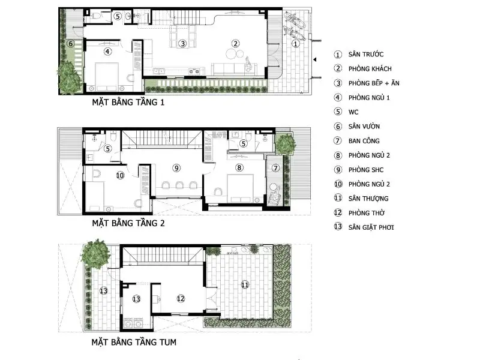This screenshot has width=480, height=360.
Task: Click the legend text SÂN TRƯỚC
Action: [x=366, y=55]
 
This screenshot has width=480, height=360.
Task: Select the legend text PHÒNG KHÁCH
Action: [x=370, y=69]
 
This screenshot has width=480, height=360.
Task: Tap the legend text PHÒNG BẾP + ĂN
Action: [x=374, y=83]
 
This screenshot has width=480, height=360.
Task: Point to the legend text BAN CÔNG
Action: [x=364, y=141]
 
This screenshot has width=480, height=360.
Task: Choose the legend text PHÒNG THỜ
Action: [x=367, y=213]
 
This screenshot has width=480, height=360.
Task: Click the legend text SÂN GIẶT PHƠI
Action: [x=371, y=227]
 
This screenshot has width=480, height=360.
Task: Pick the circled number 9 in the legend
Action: [x=338, y=170]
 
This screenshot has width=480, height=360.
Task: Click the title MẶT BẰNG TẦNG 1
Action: [x=128, y=102]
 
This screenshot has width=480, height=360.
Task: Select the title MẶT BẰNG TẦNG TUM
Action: [x=134, y=342]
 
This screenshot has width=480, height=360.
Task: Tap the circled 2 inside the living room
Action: [x=235, y=44]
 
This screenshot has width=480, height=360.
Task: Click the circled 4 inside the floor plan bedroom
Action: [x=107, y=52]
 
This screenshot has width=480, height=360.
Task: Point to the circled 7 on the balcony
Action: [x=275, y=168]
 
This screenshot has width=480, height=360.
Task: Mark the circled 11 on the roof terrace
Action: [x=245, y=285]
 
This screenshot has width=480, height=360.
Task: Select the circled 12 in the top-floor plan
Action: [x=181, y=299]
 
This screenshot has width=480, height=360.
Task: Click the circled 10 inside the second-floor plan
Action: [x=120, y=175]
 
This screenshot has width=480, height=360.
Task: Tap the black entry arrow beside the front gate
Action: [x=314, y=59]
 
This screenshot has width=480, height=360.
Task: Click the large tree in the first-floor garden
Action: [x=69, y=77]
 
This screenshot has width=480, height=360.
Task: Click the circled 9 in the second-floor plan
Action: [x=176, y=168]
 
